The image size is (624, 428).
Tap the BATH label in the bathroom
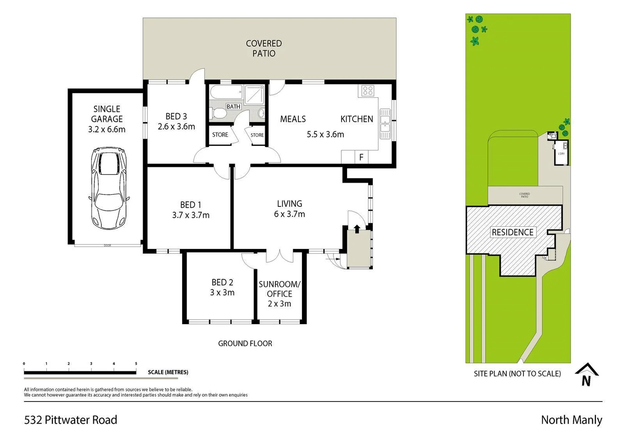pyautogui.click(x=233, y=107)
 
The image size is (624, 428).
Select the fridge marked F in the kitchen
pyautogui.click(x=361, y=157)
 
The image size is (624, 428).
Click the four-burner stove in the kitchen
pyautogui.click(x=367, y=91)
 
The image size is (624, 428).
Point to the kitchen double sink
pyautogui.click(x=385, y=124)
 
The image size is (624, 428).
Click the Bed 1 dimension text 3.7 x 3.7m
pyautogui.click(x=191, y=215)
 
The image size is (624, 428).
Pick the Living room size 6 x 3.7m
pyautogui.click(x=289, y=214)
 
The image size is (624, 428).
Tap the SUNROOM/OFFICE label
pyautogui.click(x=279, y=289)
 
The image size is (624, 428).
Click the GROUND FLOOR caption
pyautogui.click(x=245, y=344)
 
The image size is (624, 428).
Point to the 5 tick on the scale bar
pyautogui.click(x=136, y=364)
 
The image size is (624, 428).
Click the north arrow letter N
pyautogui.click(x=586, y=381)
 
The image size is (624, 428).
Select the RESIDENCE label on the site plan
pyautogui.click(x=512, y=232)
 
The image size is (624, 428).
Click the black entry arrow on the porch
pyautogui.click(x=357, y=229)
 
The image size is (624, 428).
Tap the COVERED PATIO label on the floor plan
pyautogui.click(x=264, y=48)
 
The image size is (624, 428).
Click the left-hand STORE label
pyautogui.click(x=220, y=135)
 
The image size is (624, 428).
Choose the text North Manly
pyautogui.click(x=571, y=420)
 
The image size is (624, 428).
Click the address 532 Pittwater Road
pyautogui.click(x=71, y=420)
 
